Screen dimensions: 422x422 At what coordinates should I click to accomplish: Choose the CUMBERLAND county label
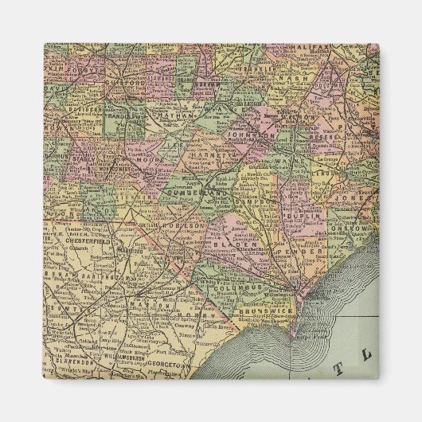point(193,192)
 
